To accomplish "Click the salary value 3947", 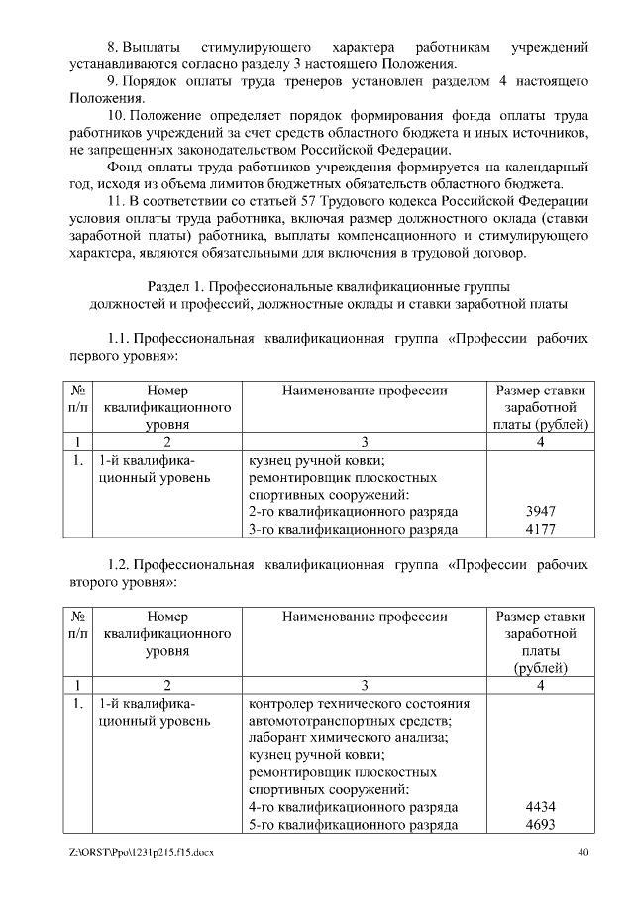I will click(540, 512).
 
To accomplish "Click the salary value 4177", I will click(540, 530).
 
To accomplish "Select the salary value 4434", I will click(540, 807).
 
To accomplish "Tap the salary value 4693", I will click(540, 825).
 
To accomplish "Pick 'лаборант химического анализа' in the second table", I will click(348, 737).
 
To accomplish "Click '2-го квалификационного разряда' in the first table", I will click(353, 512).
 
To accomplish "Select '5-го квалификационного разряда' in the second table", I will click(353, 825).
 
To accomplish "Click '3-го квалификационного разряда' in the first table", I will click(353, 530).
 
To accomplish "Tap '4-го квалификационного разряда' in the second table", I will click(353, 807).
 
